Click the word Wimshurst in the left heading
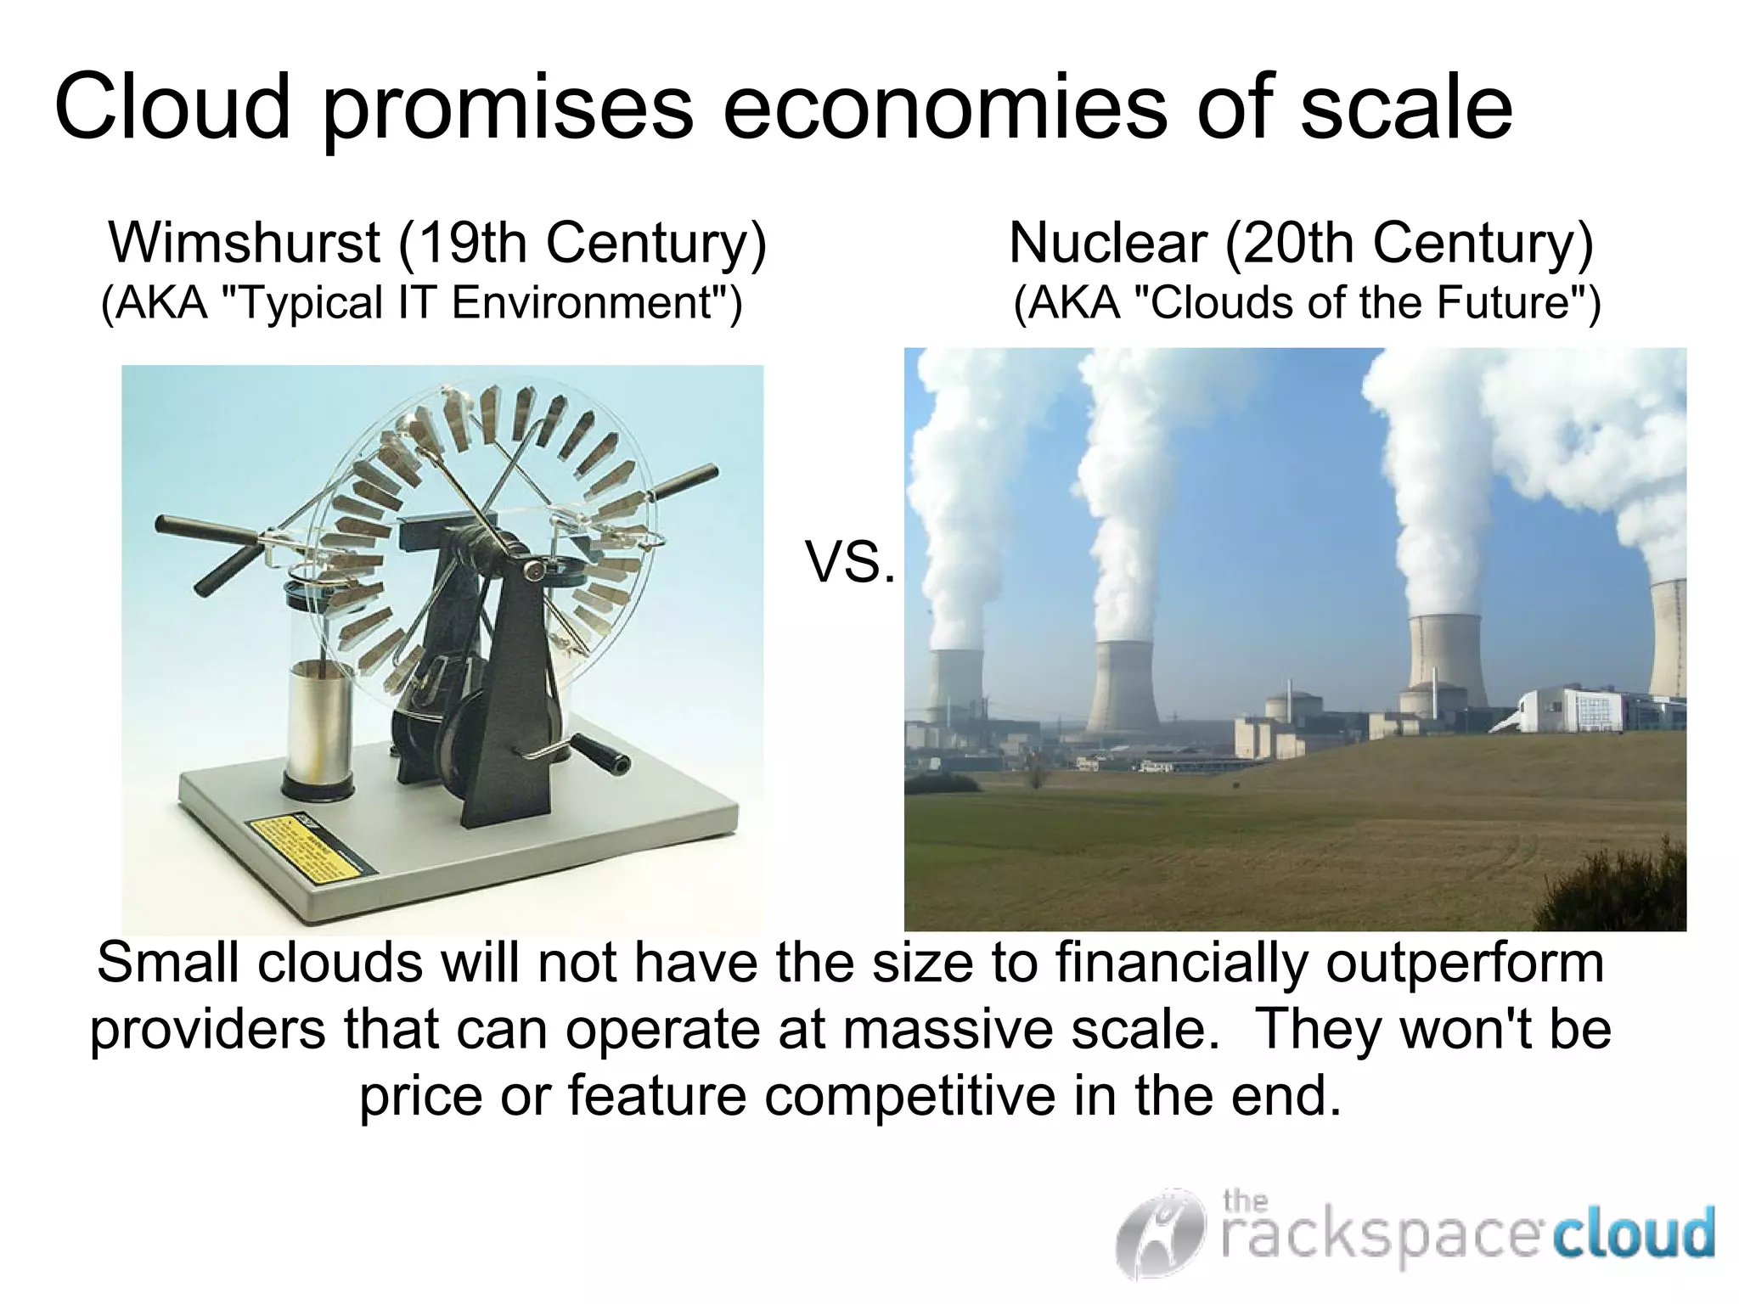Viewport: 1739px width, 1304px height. (x=245, y=243)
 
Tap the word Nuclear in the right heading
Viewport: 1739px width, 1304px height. (x=1107, y=243)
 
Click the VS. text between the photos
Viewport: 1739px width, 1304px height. (x=849, y=564)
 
